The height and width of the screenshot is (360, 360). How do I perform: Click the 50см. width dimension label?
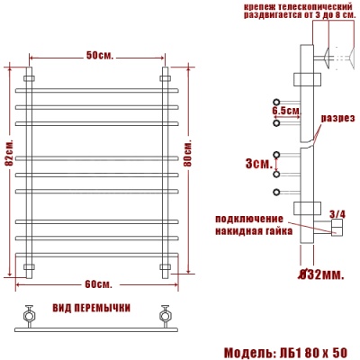(x=98, y=56)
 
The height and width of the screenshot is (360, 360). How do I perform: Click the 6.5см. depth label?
(x=284, y=110)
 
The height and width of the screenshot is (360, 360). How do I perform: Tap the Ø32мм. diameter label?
(x=321, y=273)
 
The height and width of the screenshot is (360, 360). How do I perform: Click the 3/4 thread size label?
(x=337, y=213)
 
